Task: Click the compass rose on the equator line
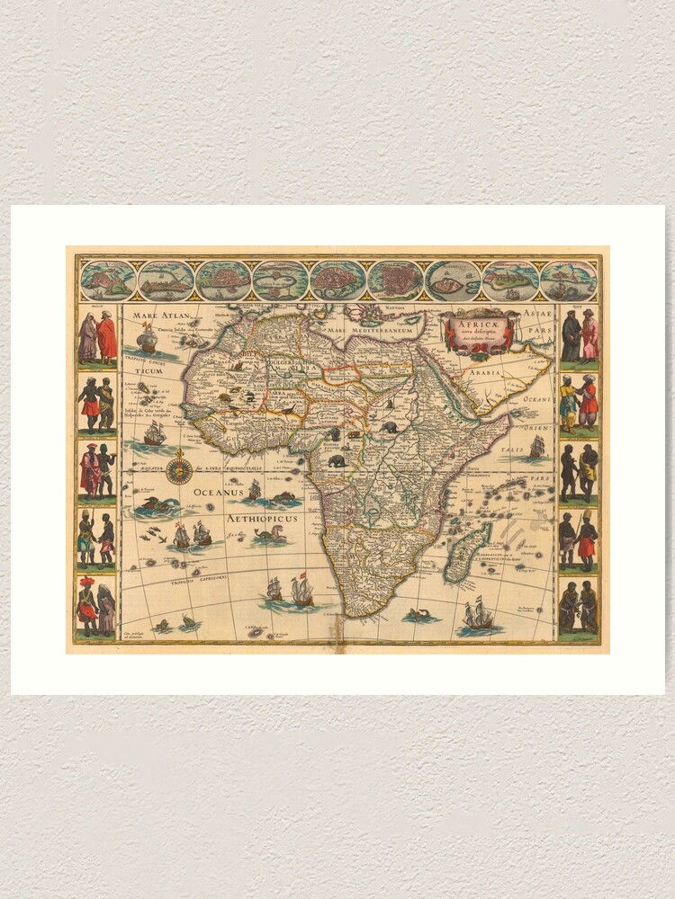pos(179,467)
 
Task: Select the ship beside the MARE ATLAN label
pos(147,339)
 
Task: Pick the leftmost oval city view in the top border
pos(108,280)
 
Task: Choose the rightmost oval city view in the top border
pos(568,280)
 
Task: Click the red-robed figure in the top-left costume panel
pos(107,337)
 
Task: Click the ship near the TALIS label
pos(536,447)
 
